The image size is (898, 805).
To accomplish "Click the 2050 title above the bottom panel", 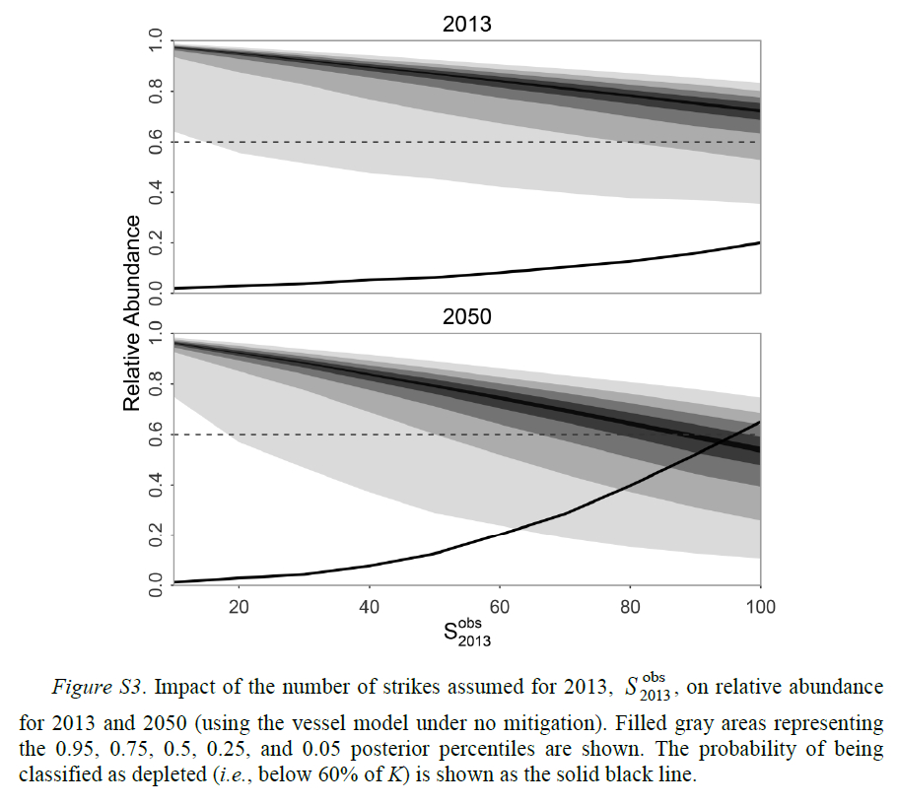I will click(x=467, y=317).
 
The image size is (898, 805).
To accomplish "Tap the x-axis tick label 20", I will click(x=239, y=607).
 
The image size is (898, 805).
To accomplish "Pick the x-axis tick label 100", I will click(x=758, y=607).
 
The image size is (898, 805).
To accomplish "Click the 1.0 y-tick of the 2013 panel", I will click(x=155, y=41).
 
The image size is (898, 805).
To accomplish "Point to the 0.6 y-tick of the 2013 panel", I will click(x=155, y=142).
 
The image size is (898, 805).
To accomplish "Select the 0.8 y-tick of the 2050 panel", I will click(x=155, y=384).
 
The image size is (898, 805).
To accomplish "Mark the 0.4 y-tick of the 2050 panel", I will click(x=155, y=485).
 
